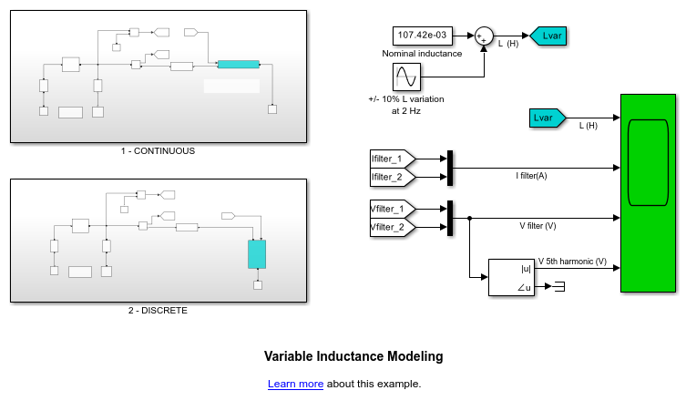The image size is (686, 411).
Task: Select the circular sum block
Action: tap(484, 36)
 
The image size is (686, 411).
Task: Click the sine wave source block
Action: tap(406, 77)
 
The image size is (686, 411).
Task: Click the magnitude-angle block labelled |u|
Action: tap(513, 277)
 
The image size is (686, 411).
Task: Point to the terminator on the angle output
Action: tap(559, 288)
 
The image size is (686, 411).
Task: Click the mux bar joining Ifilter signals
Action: tap(450, 168)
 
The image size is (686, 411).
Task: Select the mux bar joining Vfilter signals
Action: tap(450, 218)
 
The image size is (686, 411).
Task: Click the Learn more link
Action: tap(295, 385)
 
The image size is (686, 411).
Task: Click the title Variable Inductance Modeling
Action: tap(353, 356)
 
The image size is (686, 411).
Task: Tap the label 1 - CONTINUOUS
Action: tap(158, 151)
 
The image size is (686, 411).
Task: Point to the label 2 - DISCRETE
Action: tap(158, 311)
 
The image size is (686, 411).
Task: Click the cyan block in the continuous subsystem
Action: tap(239, 65)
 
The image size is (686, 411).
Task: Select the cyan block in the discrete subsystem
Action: tap(257, 254)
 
